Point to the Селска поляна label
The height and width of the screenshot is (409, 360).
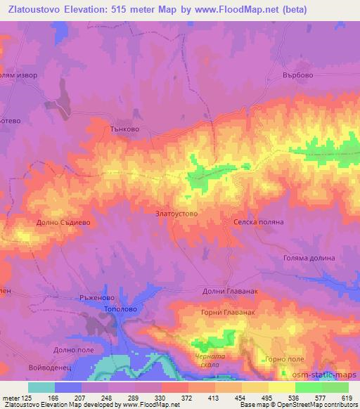258,221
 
